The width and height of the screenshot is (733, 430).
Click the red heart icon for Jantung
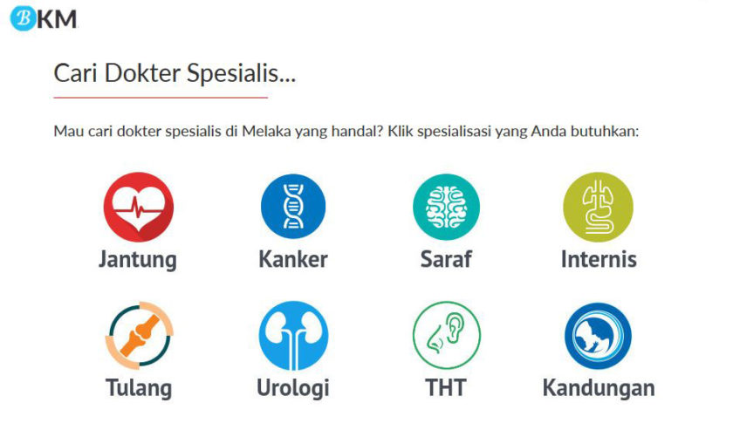(139, 207)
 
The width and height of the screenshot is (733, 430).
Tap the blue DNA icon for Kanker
(293, 206)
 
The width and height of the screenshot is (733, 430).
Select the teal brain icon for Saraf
(446, 207)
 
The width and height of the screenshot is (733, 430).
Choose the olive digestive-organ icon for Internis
(599, 207)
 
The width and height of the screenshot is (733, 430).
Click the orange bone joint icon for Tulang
(140, 335)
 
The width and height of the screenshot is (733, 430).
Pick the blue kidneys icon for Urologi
(293, 335)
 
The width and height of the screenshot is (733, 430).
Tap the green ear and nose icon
(447, 335)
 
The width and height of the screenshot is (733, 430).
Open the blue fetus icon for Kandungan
(598, 336)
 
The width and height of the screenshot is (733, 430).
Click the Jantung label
(138, 260)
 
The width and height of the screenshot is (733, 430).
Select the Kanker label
(293, 259)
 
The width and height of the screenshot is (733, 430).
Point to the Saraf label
(446, 259)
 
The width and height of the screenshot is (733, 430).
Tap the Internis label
(599, 259)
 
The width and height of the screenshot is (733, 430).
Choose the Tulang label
(139, 388)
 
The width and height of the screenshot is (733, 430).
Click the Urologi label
(293, 388)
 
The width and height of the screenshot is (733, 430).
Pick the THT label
(446, 388)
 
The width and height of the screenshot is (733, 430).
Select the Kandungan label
(599, 388)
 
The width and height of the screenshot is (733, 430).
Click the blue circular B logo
(23, 18)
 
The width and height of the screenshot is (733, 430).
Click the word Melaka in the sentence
(266, 131)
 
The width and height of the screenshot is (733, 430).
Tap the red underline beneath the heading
(161, 98)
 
